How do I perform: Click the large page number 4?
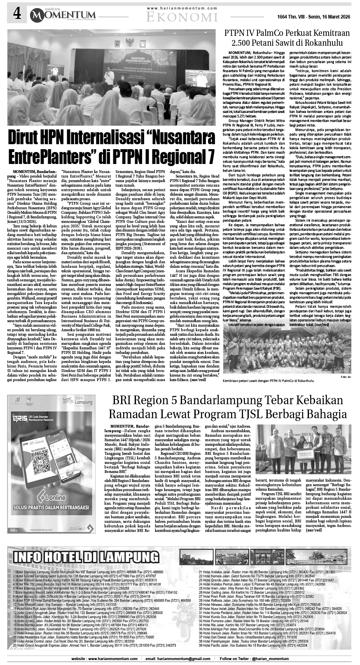click(17, 14)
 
